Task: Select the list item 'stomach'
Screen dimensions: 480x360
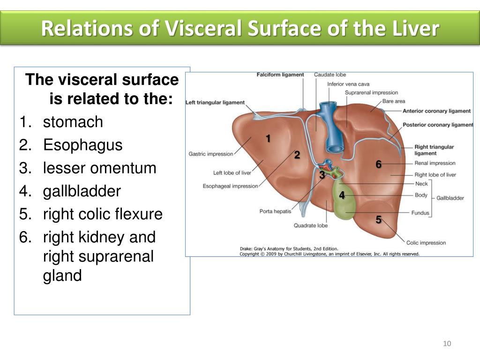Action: pos(73,122)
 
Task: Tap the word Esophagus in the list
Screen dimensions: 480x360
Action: pos(82,145)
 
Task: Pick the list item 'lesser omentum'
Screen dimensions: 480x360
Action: pos(99,168)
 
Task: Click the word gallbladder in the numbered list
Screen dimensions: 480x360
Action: pos(82,192)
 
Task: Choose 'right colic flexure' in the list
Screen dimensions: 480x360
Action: pos(103,214)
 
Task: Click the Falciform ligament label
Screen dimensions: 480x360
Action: pos(280,75)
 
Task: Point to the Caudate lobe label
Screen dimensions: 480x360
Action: pos(330,75)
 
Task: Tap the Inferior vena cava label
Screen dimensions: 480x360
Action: pos(348,84)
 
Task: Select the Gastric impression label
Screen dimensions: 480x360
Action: pos(210,154)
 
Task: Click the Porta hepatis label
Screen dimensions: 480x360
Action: pos(275,211)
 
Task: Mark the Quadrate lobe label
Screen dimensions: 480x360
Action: pos(310,225)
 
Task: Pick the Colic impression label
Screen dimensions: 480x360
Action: pos(426,243)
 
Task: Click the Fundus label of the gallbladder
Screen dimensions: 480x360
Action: pos(420,213)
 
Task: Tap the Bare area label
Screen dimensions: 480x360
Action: pos(393,101)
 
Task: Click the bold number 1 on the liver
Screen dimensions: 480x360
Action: pos(268,139)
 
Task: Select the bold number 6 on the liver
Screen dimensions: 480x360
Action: pos(379,165)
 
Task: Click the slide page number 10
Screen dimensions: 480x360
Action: pos(447,344)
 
